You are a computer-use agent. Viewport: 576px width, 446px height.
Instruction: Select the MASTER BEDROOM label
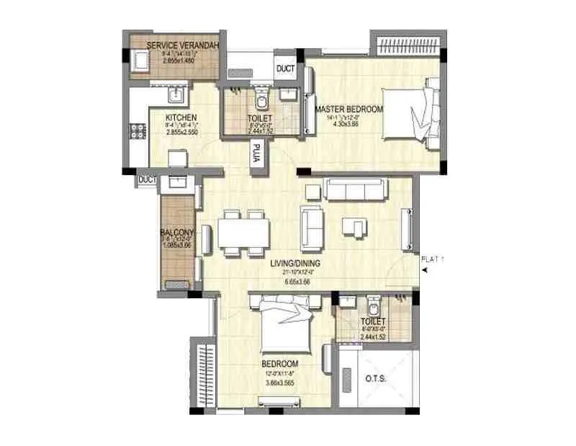click(349, 110)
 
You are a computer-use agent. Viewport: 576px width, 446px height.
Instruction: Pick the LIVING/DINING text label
click(295, 264)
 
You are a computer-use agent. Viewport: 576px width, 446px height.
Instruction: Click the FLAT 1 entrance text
click(433, 259)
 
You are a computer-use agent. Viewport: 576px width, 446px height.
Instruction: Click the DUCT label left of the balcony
click(148, 179)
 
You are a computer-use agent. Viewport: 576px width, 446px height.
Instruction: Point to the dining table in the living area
click(243, 232)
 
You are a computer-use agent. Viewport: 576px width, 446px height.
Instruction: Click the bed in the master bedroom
click(408, 115)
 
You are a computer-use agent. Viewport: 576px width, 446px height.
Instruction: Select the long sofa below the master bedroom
click(356, 189)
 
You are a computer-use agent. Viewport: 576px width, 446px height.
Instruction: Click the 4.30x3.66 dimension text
click(346, 123)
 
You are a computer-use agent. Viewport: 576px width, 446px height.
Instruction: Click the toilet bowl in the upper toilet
click(261, 98)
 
